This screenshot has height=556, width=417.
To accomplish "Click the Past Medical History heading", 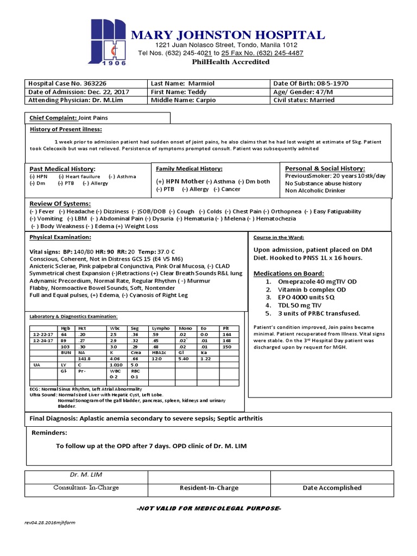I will [62, 169].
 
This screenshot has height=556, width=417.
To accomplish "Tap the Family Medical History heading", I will [189, 169].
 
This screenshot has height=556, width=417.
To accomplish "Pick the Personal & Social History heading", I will [325, 169].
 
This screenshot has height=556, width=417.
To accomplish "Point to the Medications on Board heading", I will [289, 273].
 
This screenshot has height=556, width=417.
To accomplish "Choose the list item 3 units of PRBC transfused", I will [313, 313].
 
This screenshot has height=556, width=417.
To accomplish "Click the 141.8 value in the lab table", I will [84, 359].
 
